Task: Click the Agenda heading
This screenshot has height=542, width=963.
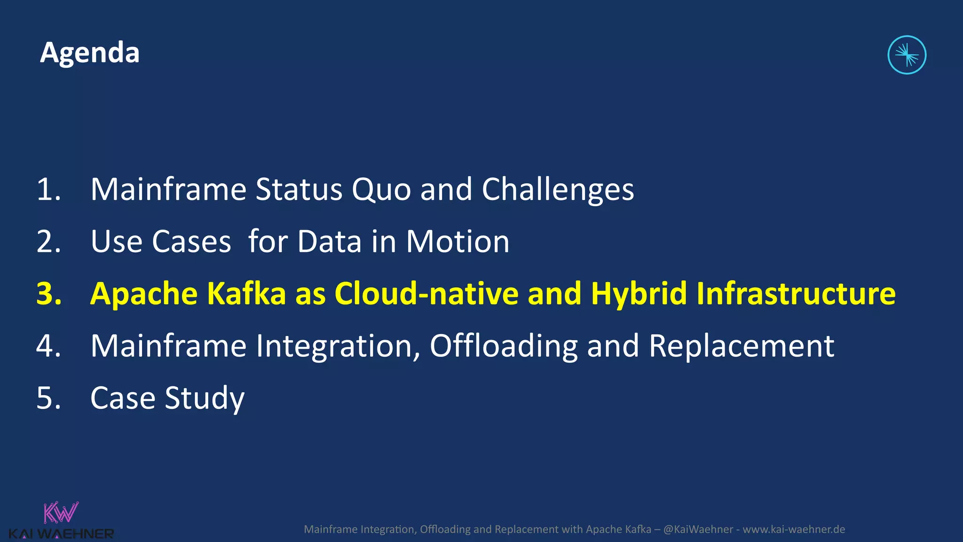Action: (90, 53)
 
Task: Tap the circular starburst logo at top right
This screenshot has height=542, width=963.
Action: (907, 55)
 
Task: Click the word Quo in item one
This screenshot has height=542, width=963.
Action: (381, 190)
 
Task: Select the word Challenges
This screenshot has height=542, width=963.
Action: (558, 190)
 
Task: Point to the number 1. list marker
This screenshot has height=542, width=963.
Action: (48, 190)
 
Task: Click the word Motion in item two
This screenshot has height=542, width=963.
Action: (457, 242)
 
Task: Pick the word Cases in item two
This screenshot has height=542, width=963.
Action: (191, 242)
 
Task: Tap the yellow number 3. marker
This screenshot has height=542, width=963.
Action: (49, 294)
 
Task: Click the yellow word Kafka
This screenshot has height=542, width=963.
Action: (246, 294)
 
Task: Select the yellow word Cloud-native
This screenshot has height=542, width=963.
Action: (426, 294)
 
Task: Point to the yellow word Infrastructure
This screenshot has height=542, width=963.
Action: (796, 294)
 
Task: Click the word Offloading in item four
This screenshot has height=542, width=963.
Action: (503, 346)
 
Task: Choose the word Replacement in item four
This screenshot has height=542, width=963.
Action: (742, 346)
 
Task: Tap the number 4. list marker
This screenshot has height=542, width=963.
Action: (48, 346)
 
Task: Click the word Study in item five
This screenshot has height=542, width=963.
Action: (205, 399)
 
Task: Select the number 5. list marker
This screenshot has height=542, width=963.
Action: (48, 399)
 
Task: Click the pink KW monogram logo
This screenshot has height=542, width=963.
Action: (61, 513)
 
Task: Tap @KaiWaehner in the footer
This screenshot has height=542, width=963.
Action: (698, 529)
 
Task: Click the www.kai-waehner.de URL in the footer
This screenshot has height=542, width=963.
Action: (794, 529)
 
